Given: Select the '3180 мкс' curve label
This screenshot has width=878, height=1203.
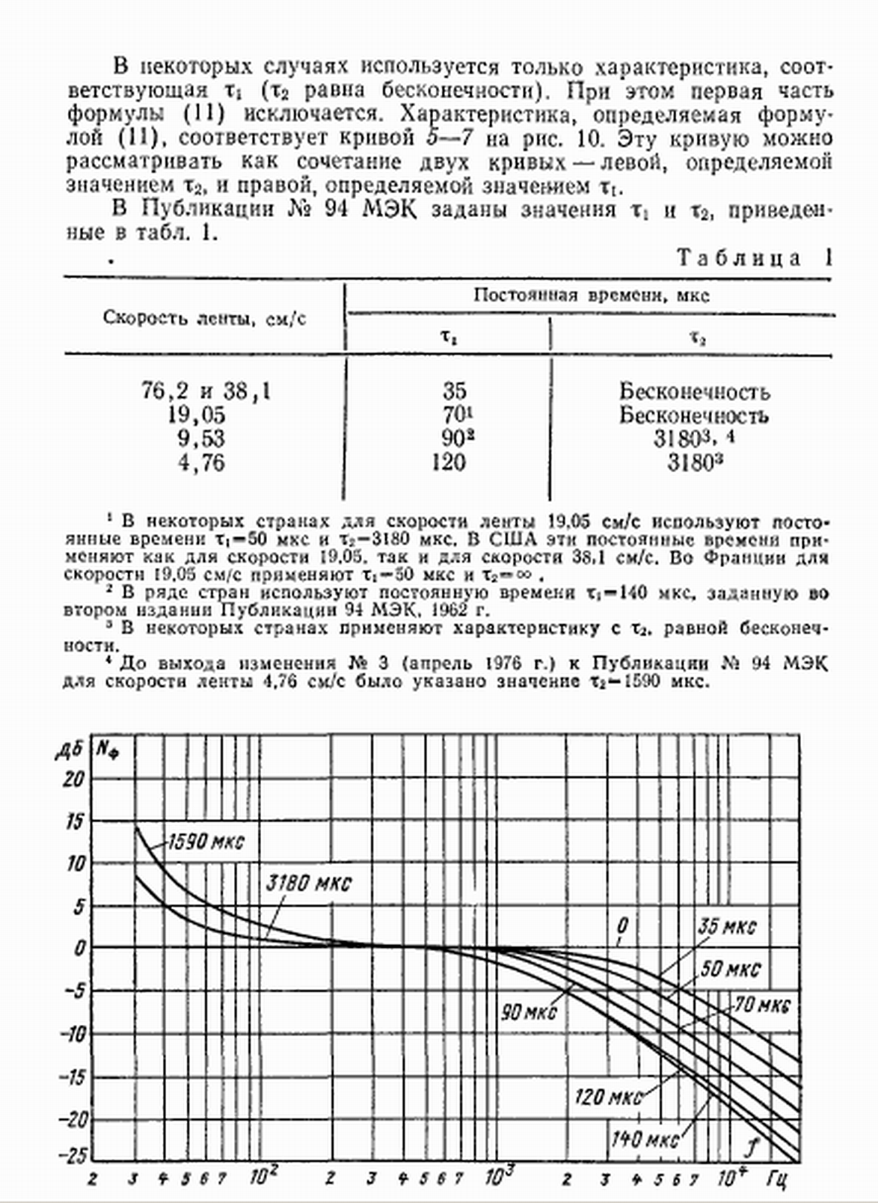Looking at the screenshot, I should coord(308,883).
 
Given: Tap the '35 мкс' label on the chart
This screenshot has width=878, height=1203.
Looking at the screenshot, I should coord(726,927).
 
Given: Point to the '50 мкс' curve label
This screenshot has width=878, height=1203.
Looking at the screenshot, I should coord(730,970).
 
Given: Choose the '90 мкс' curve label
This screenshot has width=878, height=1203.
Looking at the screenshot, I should coord(529,1012).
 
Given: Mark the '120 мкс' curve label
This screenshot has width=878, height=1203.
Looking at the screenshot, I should coord(608,1098).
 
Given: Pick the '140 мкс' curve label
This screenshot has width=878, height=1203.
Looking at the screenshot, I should coord(645,1139).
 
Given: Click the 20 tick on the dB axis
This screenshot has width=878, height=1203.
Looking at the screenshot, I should coord(73,780).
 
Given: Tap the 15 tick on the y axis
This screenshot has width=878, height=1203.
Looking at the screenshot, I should coord(73,821).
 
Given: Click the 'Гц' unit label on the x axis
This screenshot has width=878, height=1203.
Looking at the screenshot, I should coord(776,1180).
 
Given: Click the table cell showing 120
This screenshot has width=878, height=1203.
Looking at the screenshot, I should coord(449,462).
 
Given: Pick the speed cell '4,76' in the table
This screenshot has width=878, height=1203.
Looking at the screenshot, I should coord(200,462).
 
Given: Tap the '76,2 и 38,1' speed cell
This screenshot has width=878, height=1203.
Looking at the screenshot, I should coord(206,391).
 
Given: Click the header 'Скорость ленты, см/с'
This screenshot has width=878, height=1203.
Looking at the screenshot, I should coord(204,318).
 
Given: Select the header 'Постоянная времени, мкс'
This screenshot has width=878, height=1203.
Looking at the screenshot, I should coord(591,295).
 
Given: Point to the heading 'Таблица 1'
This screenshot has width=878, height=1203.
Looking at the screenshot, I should coord(754,258).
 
